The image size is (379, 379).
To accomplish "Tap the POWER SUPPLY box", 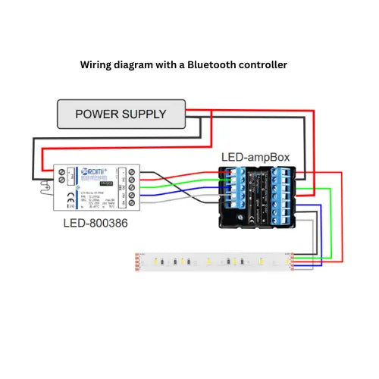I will (121, 114).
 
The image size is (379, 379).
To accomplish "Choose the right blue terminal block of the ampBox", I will (287, 196).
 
